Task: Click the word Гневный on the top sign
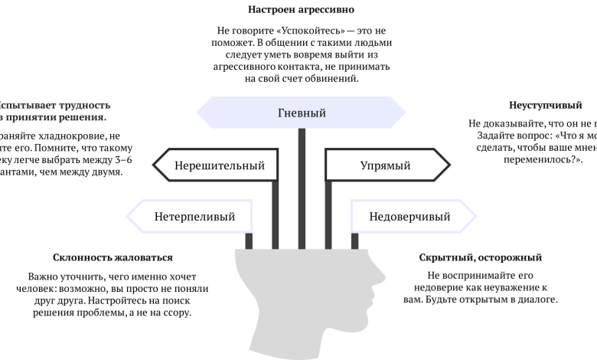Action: click(x=302, y=113)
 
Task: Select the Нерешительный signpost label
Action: click(x=219, y=165)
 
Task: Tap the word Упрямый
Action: click(x=385, y=165)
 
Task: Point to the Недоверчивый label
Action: click(x=409, y=216)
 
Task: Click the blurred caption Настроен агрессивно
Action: click(x=302, y=11)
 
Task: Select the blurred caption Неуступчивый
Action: click(x=545, y=105)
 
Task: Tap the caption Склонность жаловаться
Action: click(x=113, y=258)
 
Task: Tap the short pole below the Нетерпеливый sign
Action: click(x=249, y=241)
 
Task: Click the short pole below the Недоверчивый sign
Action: click(x=354, y=241)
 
